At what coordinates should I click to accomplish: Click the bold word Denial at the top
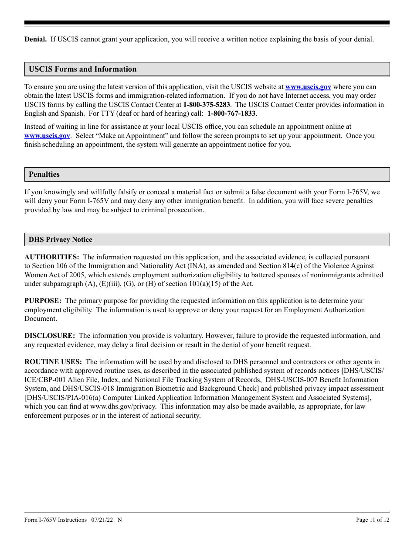(35, 39)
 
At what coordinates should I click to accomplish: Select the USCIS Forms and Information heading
(82, 69)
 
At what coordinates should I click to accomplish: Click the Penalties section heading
(44, 174)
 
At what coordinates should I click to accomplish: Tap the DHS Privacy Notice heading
(61, 240)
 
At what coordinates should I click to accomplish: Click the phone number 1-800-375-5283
(207, 105)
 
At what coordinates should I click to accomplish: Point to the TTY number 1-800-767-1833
(231, 114)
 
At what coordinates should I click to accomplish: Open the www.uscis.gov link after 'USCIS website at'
(308, 87)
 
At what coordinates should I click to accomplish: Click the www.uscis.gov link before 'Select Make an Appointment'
(47, 136)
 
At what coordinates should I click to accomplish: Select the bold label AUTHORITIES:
(52, 257)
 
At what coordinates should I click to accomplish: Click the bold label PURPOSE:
(43, 301)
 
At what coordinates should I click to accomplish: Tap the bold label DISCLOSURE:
(50, 336)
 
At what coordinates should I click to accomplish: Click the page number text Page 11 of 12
(373, 520)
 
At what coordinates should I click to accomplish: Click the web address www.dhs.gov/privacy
(124, 406)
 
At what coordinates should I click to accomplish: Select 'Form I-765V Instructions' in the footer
(56, 520)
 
